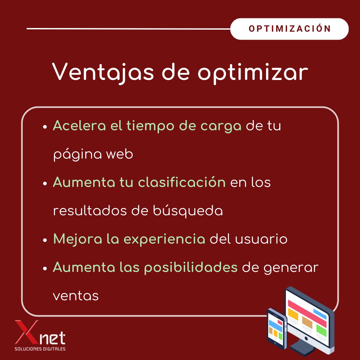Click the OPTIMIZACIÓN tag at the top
289,29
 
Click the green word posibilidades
191,268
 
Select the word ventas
76,296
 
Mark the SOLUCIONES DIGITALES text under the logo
40,349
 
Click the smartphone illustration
276,329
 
